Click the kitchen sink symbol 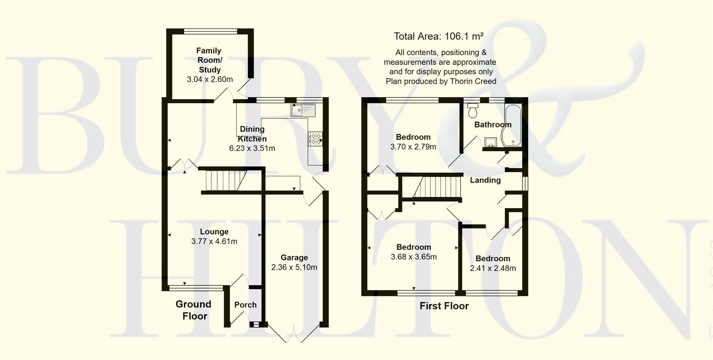pos(303,110)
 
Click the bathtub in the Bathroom pos(512,124)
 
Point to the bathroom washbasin pos(491,142)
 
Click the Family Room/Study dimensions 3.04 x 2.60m pos(210,79)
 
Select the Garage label pos(294,257)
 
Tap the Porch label pos(245,305)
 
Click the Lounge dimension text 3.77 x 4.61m pos(214,241)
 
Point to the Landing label pos(485,180)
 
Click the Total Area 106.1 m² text pos(438,36)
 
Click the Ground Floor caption pos(193,310)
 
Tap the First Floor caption pos(444,306)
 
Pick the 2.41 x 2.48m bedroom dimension pos(493,268)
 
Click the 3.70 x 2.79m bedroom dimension pos(413,147)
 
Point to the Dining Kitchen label pos(252,134)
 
